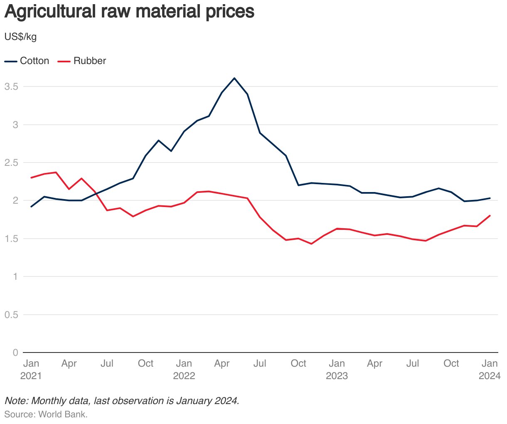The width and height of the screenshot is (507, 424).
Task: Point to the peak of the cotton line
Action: click(x=234, y=78)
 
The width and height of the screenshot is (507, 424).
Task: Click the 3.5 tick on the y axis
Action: click(x=11, y=86)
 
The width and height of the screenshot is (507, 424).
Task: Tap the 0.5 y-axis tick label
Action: click(x=11, y=315)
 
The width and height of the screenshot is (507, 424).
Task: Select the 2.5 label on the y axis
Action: click(x=11, y=163)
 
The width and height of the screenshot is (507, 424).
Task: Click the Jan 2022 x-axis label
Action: click(x=184, y=370)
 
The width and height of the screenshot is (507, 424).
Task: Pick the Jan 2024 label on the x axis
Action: click(x=489, y=370)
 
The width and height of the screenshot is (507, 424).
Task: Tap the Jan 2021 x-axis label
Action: click(x=31, y=370)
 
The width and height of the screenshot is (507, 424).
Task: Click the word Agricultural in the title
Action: click(x=50, y=12)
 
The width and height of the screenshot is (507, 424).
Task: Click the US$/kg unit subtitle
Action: click(x=20, y=37)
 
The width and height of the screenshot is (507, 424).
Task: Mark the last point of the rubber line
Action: click(x=490, y=215)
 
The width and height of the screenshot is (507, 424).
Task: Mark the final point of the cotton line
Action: click(x=490, y=198)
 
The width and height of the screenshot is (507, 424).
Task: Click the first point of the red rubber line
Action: click(x=31, y=177)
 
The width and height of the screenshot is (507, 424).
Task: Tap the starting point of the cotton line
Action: click(x=31, y=207)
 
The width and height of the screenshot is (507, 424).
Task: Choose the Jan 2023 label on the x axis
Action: click(x=337, y=370)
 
